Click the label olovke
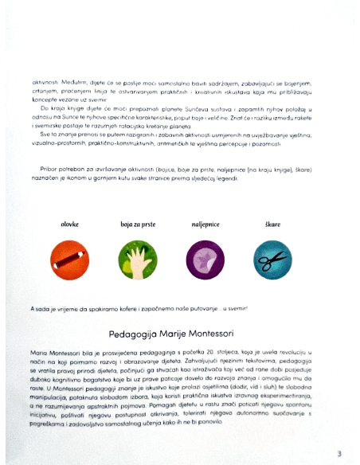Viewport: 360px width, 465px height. tap(70, 225)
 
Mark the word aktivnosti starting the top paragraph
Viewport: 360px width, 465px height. tap(46, 81)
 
